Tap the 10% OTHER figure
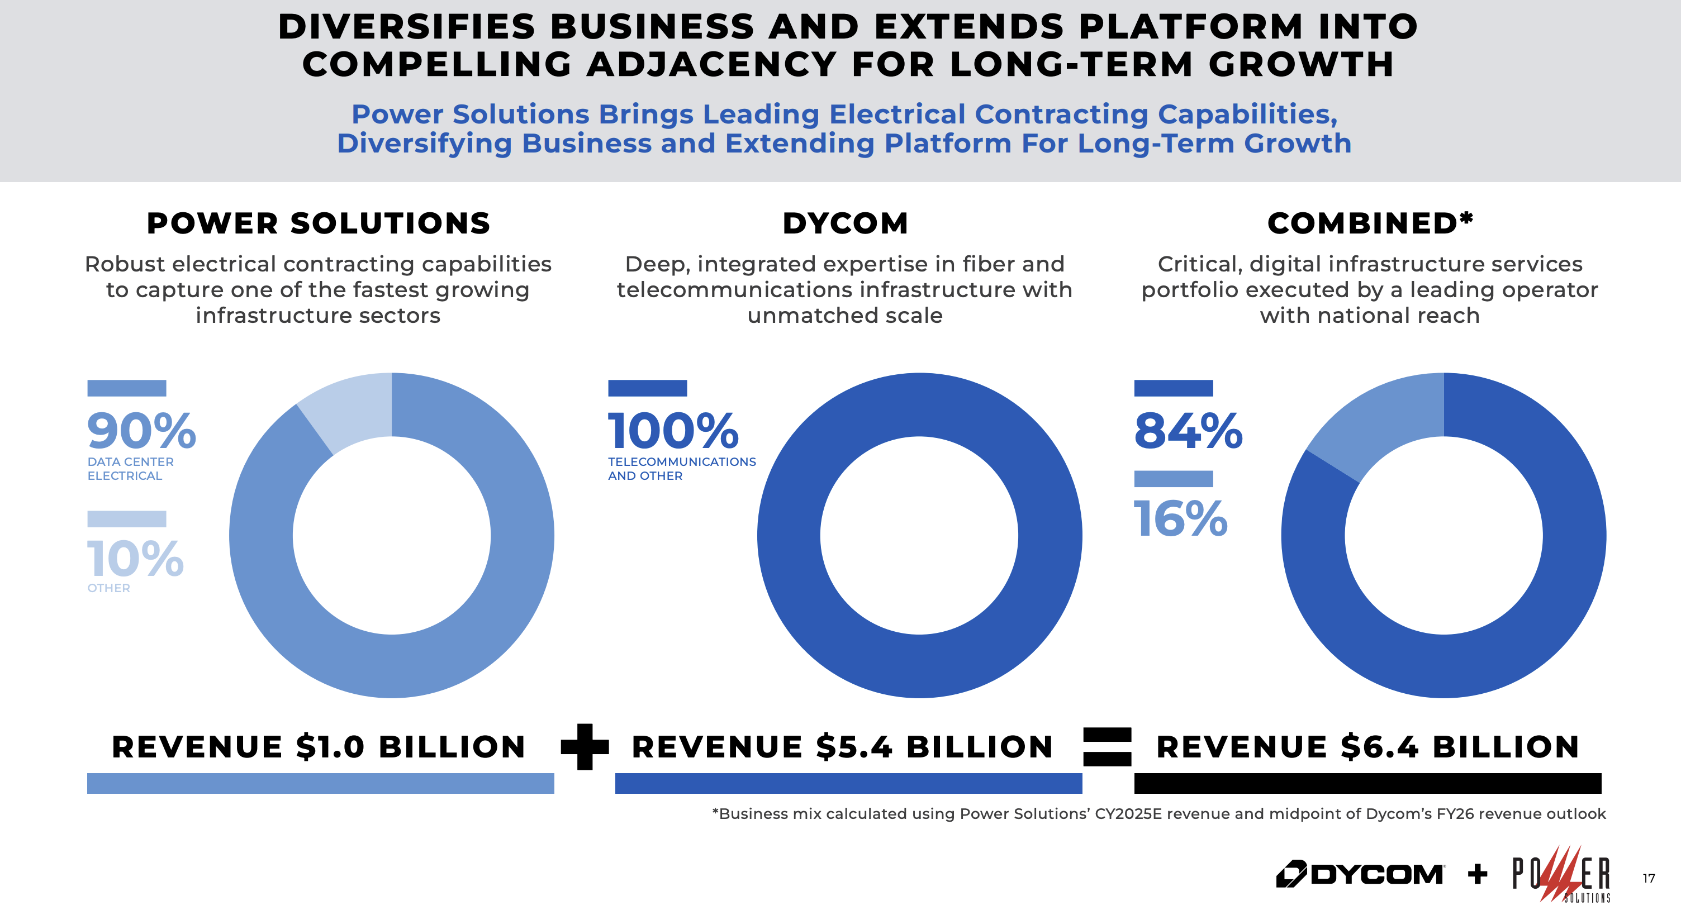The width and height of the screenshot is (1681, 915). click(x=135, y=559)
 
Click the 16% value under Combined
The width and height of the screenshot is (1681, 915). click(x=1180, y=519)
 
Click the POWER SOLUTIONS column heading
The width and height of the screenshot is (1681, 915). click(x=319, y=223)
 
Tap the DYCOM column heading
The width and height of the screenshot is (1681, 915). click(x=845, y=223)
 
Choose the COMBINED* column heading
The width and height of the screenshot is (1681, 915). click(x=1369, y=223)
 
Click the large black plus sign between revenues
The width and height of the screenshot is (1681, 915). click(x=585, y=747)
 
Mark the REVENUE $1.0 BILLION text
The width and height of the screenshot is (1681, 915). click(x=319, y=747)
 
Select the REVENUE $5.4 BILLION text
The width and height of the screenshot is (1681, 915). click(x=843, y=747)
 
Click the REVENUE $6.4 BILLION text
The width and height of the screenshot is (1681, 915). click(x=1368, y=747)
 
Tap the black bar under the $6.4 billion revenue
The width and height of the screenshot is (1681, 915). click(x=1368, y=783)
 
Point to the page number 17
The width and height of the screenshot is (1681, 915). click(x=1649, y=879)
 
